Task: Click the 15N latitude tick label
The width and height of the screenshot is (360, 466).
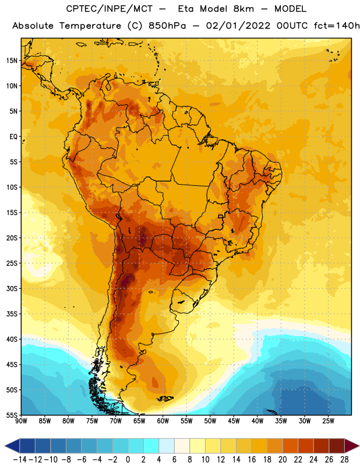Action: point(12,61)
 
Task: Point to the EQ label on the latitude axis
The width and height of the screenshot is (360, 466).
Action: point(13,137)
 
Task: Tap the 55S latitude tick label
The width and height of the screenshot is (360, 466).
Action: point(12,415)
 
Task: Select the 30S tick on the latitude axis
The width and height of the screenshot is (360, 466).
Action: point(12,288)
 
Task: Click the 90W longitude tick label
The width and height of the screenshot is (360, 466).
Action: point(21,421)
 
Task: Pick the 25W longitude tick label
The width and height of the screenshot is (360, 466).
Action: point(328,421)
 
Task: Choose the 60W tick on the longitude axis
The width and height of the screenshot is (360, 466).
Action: point(163,421)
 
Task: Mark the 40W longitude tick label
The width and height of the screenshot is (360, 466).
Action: point(257,421)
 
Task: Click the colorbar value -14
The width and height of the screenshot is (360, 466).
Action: point(20,460)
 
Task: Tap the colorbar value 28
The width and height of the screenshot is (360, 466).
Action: point(344,460)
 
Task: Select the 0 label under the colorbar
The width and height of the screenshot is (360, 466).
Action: point(128,460)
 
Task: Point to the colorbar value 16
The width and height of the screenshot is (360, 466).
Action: point(252,460)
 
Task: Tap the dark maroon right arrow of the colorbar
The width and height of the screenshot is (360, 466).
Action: point(351,446)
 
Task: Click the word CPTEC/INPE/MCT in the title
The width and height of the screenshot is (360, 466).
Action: point(110,9)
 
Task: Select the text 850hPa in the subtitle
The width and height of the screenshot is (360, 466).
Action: point(167,26)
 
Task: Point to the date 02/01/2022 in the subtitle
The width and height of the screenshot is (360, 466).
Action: point(238,26)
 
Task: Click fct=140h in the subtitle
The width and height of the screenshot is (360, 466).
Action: point(337,26)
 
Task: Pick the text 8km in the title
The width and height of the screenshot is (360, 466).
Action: point(243,9)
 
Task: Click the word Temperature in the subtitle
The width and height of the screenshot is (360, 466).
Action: point(90,26)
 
